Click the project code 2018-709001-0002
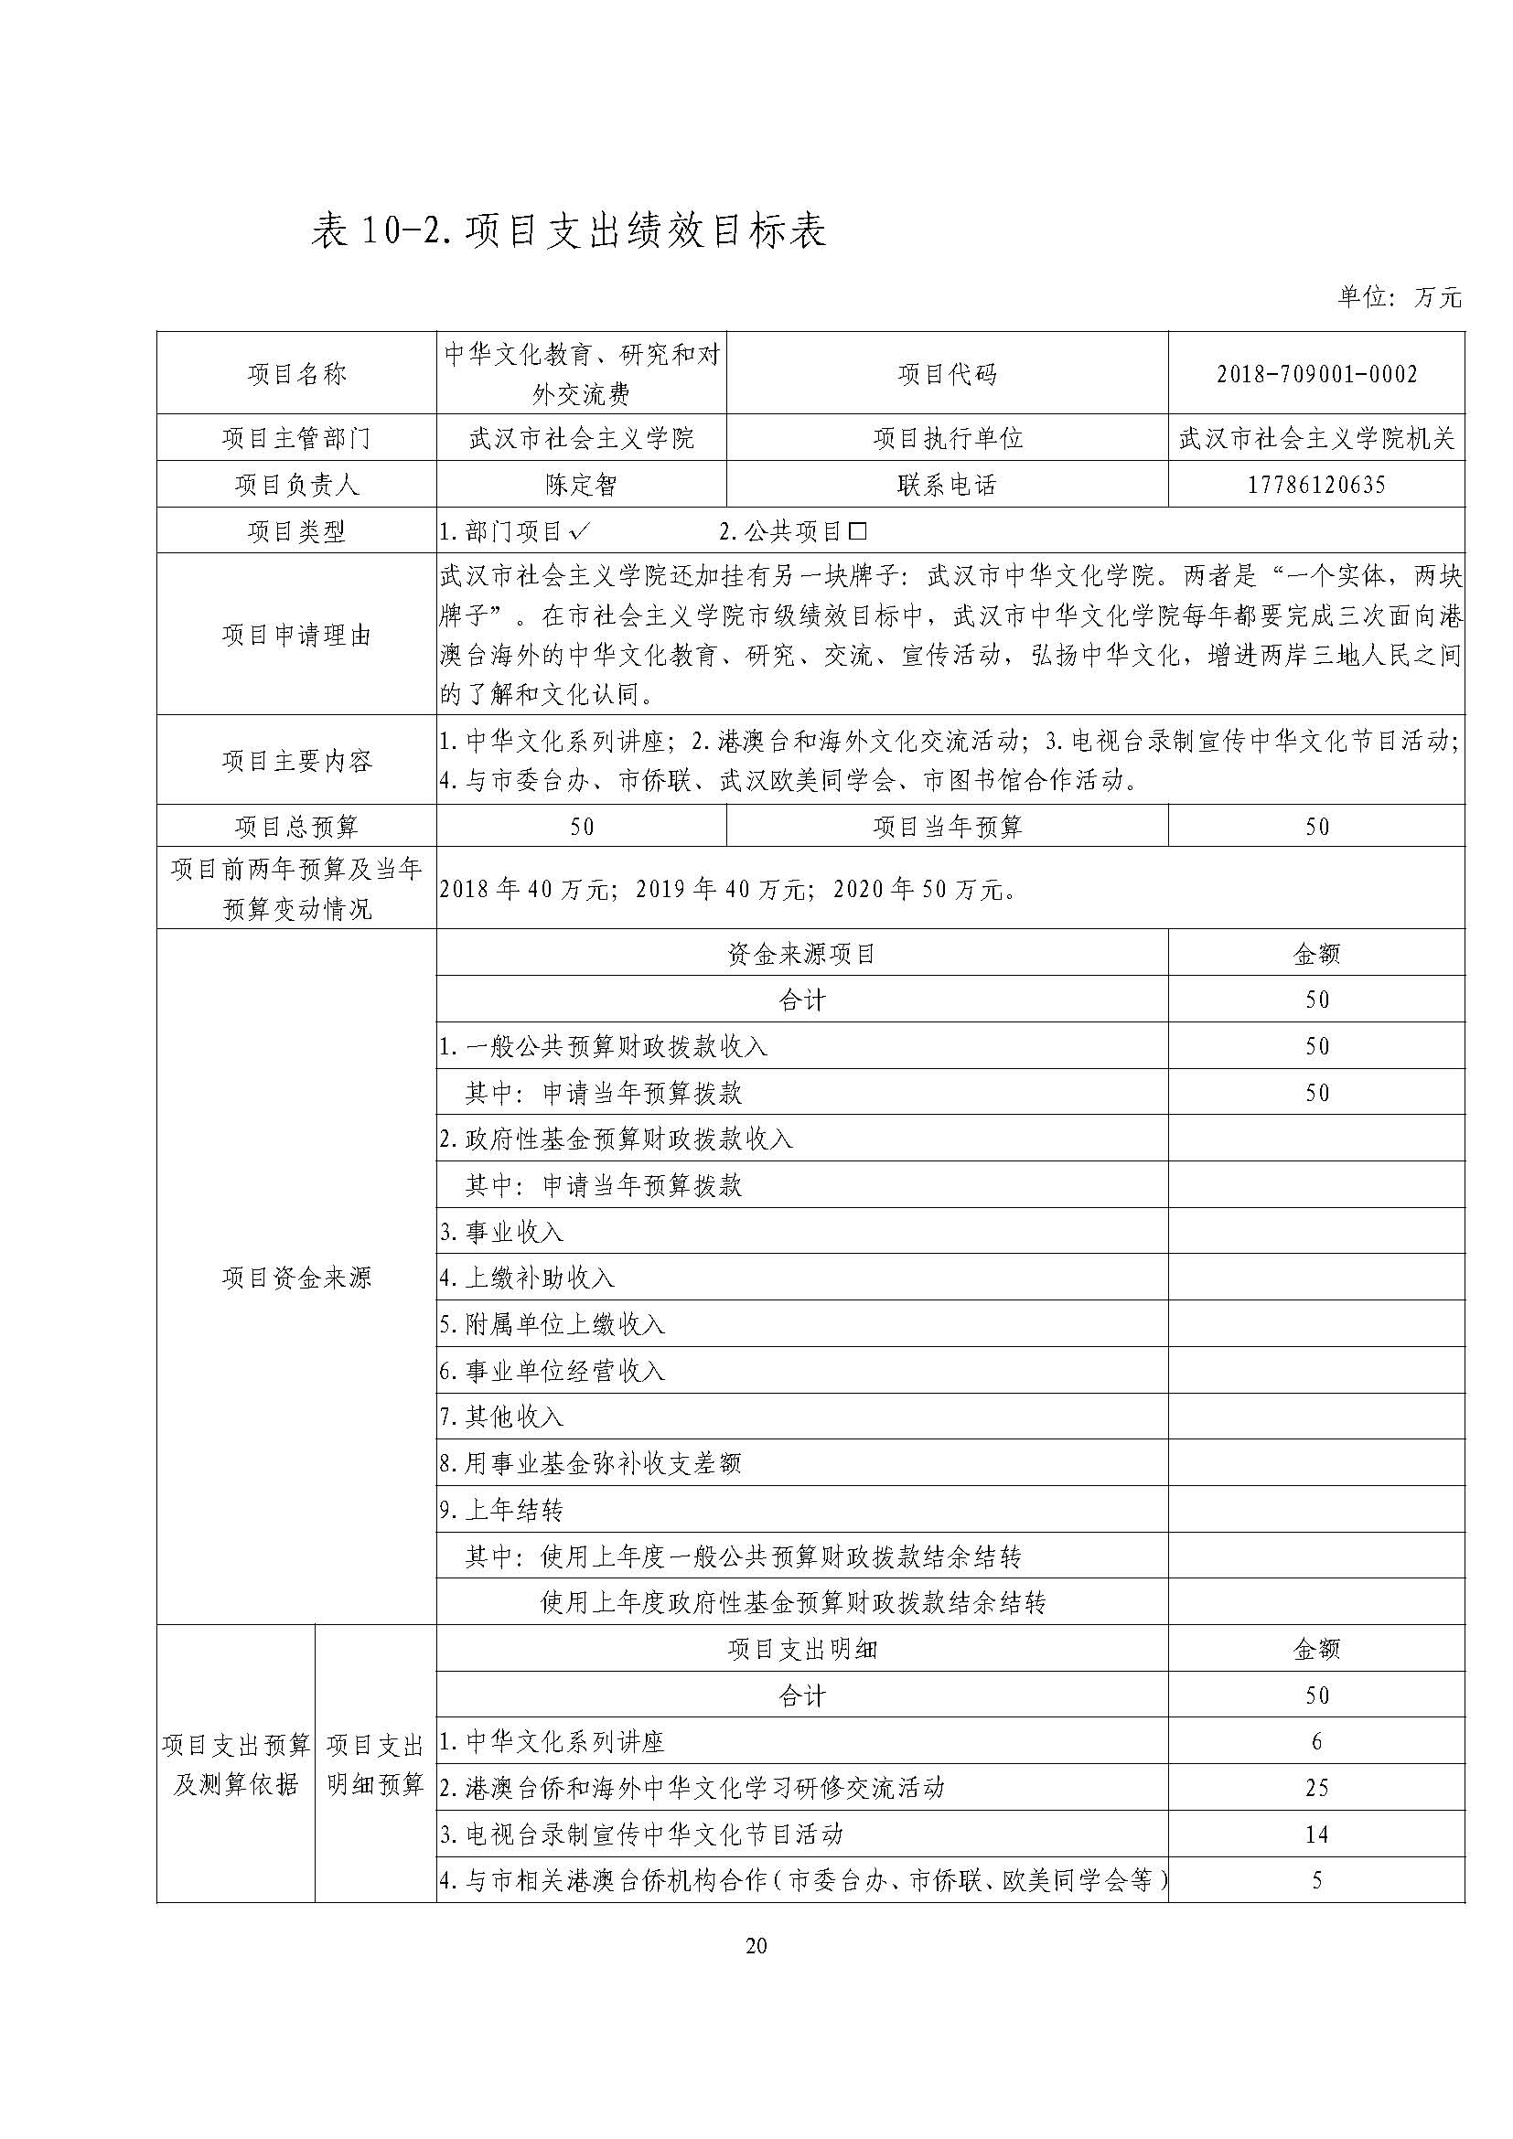point(1316,375)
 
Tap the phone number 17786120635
point(1316,485)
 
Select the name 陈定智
point(582,485)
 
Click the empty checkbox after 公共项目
point(858,532)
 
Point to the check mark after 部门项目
point(578,532)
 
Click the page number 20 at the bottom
point(756,1945)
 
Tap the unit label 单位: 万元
point(1400,297)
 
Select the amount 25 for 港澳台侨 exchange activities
point(1316,1788)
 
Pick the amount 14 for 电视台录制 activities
point(1316,1834)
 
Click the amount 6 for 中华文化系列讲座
point(1316,1741)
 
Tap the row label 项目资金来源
point(296,1278)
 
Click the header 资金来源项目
point(801,954)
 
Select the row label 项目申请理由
point(296,636)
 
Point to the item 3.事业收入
point(502,1233)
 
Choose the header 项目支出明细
point(801,1649)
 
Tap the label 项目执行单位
point(948,438)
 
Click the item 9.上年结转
point(502,1510)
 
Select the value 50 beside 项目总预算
point(582,827)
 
